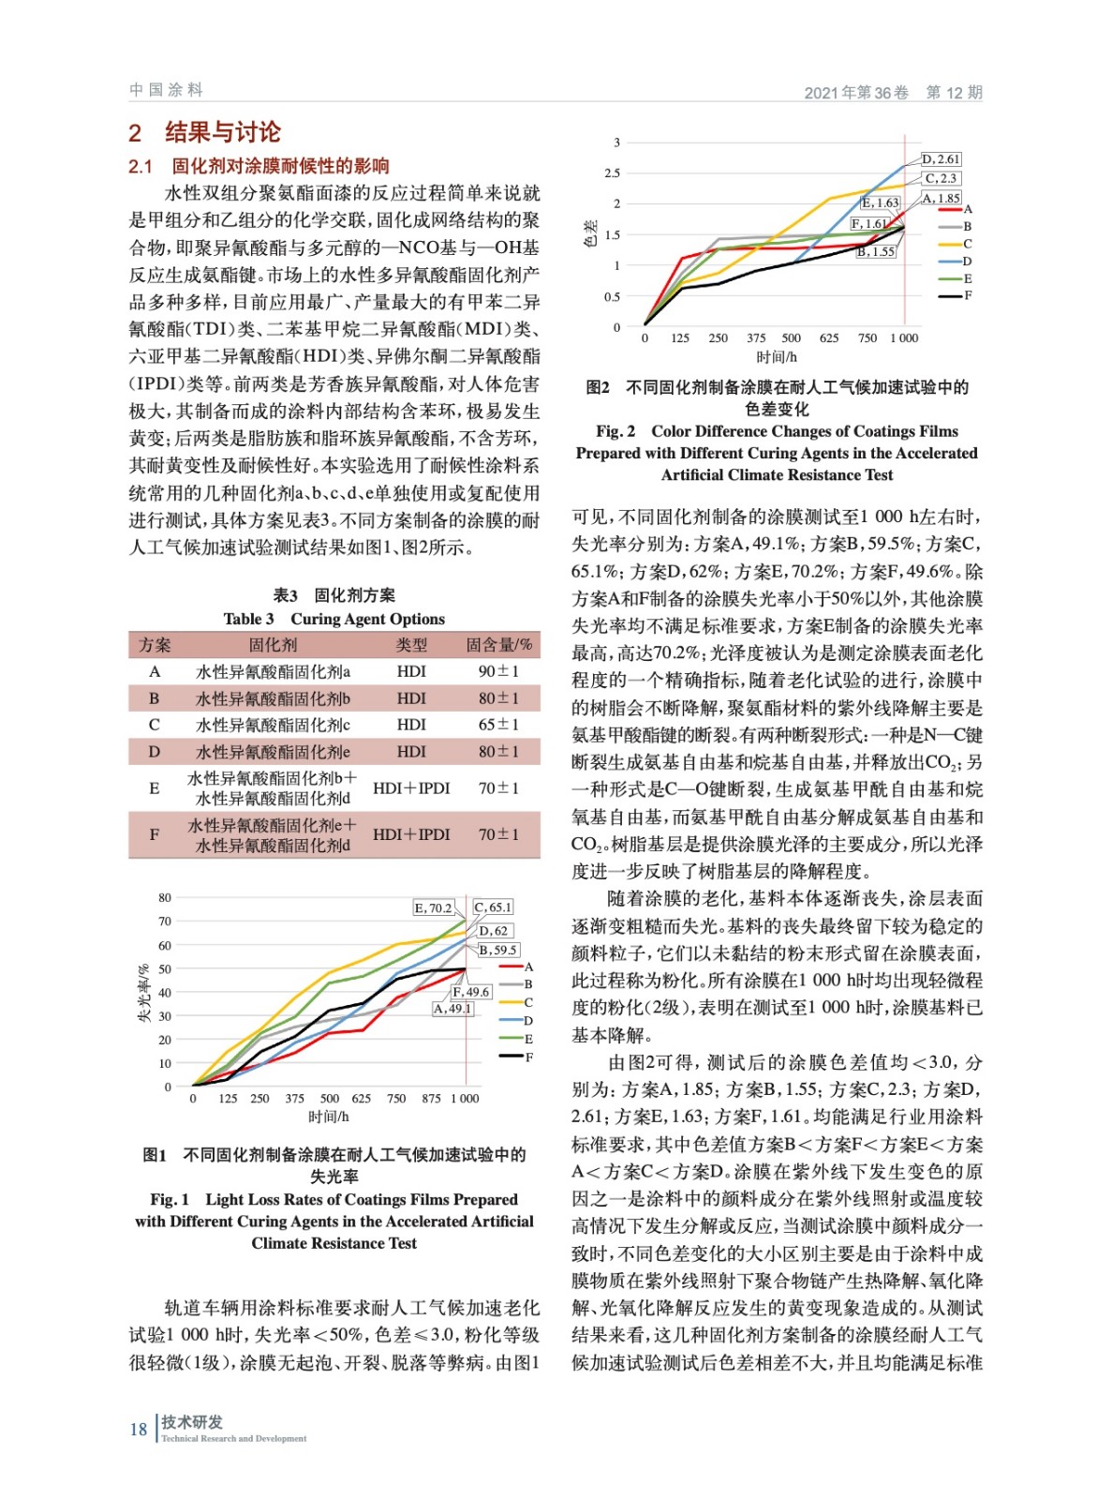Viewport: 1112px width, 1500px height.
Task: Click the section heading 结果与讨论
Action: [x=223, y=132]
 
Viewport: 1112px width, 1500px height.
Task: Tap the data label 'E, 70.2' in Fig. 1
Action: [x=433, y=907]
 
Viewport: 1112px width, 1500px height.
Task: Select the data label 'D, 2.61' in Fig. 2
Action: [x=941, y=159]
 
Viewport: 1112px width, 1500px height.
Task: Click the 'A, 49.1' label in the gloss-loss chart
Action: [x=452, y=1009]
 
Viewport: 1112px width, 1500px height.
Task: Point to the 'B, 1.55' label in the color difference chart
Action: [x=876, y=251]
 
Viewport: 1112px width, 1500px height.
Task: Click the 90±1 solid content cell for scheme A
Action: [x=498, y=671]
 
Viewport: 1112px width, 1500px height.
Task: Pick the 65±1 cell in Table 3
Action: [x=498, y=725]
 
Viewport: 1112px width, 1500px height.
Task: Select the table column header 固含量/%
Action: [x=498, y=645]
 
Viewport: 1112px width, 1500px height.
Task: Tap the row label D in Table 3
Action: [x=155, y=752]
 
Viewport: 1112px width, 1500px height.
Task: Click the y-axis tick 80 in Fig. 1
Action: [x=165, y=898]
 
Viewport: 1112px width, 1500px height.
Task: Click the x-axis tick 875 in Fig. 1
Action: [x=431, y=1098]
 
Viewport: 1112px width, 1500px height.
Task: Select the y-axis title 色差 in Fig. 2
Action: [x=590, y=233]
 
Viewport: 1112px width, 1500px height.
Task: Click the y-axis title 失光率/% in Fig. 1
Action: [x=144, y=992]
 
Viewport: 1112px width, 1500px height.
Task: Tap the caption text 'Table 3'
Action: [x=248, y=619]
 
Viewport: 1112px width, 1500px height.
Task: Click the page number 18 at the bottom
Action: [x=139, y=1429]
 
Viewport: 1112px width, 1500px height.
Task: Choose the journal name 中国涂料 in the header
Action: [x=166, y=90]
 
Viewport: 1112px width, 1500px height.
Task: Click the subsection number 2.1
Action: [x=141, y=167]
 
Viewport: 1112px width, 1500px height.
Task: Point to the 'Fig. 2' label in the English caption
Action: [x=615, y=431]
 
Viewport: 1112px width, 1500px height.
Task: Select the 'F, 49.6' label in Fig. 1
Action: [x=471, y=992]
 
